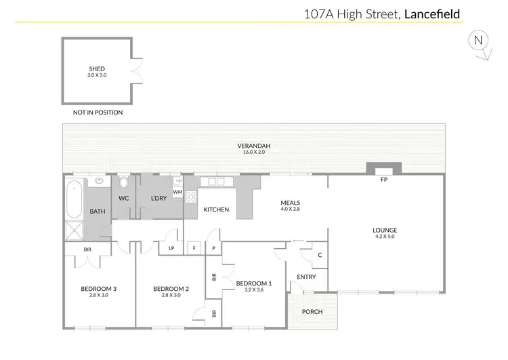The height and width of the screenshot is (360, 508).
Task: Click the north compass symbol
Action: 478,42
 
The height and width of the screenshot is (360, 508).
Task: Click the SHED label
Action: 97,68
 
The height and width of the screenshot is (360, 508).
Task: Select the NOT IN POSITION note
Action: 98,113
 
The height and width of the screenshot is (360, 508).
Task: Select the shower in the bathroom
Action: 72,231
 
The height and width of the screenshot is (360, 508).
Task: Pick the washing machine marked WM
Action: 177,193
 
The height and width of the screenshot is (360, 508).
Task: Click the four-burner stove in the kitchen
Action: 191,197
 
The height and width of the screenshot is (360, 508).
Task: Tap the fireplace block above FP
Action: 383,168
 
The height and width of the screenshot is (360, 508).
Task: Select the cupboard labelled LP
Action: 171,249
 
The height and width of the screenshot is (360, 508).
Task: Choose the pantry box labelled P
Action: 213,249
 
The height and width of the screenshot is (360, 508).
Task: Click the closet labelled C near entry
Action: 319,256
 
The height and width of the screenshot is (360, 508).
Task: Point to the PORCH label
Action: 312,312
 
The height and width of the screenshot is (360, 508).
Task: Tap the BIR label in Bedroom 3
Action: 88,249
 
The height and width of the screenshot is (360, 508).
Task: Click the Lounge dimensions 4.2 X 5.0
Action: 384,237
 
